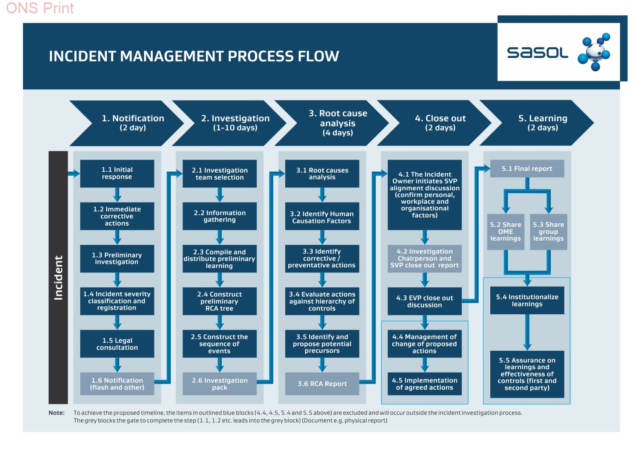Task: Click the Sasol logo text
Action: [537, 53]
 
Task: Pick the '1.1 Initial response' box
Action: [117, 174]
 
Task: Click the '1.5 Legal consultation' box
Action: [117, 344]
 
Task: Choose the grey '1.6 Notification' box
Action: [117, 384]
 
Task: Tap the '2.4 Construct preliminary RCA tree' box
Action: [220, 301]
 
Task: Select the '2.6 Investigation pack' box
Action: [220, 384]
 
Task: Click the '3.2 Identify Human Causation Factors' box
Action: [322, 216]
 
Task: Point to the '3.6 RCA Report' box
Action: [322, 384]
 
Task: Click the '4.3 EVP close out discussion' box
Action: [424, 301]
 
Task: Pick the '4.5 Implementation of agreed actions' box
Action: [424, 384]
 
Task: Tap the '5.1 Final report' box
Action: [527, 169]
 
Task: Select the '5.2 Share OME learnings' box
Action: [506, 232]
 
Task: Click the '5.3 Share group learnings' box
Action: [549, 232]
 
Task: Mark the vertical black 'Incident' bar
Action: [58, 278]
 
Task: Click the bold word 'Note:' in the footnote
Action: [56, 413]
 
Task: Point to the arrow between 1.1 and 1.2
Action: [117, 195]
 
